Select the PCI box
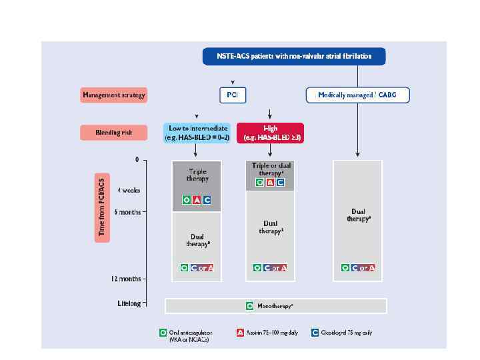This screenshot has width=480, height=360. pos(232,95)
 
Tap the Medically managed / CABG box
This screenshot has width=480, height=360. pos(357,95)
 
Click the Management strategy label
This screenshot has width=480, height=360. pos(114,95)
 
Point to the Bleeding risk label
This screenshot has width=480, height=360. pos(115,133)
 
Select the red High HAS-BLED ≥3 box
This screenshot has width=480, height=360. pos(270,133)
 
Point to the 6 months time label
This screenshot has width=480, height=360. pos(126,211)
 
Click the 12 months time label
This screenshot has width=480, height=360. pos(125,279)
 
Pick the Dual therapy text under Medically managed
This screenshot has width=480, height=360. pos(357,215)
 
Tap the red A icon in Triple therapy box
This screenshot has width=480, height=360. pos(196,200)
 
